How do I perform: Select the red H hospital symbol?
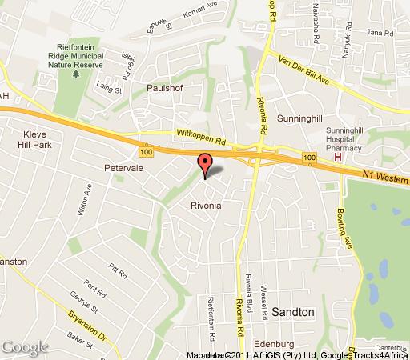click(337, 157)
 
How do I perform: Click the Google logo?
click(24, 346)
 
